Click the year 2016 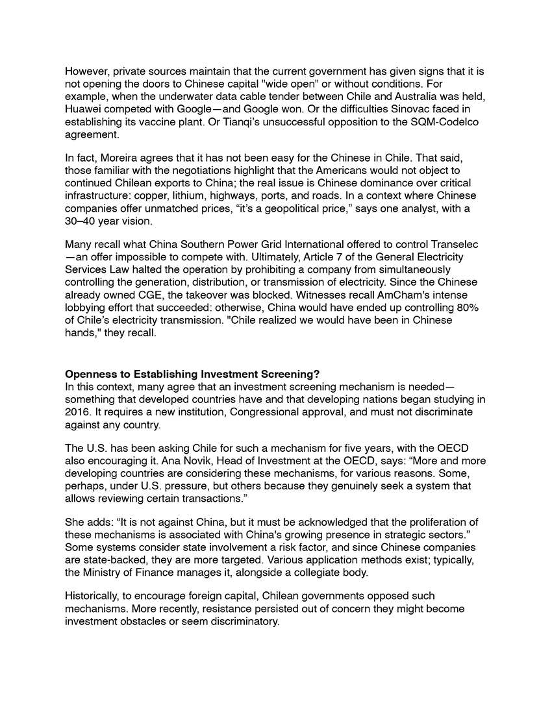coord(78,412)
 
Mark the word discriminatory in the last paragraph coord(238,621)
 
